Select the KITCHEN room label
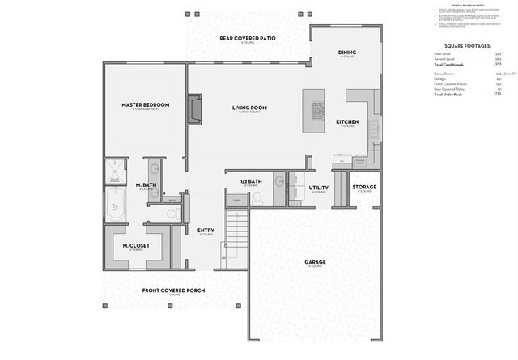tap(347, 121)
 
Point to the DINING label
tap(346, 53)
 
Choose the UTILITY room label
tap(319, 188)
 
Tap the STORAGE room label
tap(364, 187)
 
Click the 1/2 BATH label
tap(252, 181)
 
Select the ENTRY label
tap(206, 231)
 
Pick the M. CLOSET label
tap(134, 245)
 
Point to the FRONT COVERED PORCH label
tap(173, 290)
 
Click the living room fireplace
tap(193, 109)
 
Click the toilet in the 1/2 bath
tap(258, 197)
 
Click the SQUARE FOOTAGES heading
tap(468, 46)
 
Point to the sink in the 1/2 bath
tap(278, 180)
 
